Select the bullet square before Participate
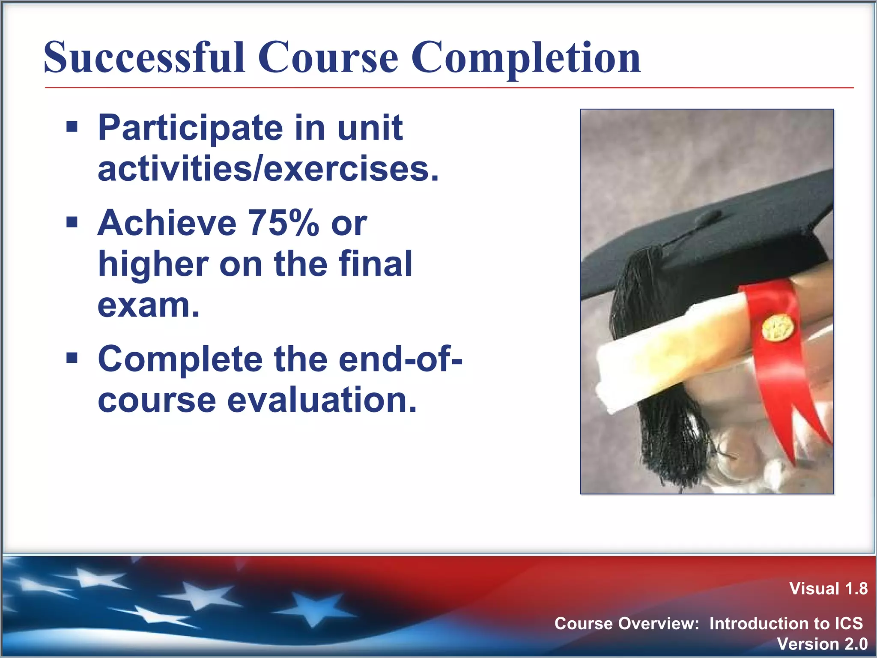(72, 127)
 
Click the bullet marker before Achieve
(72, 222)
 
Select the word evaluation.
(322, 400)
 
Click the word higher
(153, 264)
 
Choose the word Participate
(190, 128)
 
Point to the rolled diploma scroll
(668, 360)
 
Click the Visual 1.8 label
(828, 589)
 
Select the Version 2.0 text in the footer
(822, 644)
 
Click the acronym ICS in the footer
(848, 623)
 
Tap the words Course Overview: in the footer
(626, 623)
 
